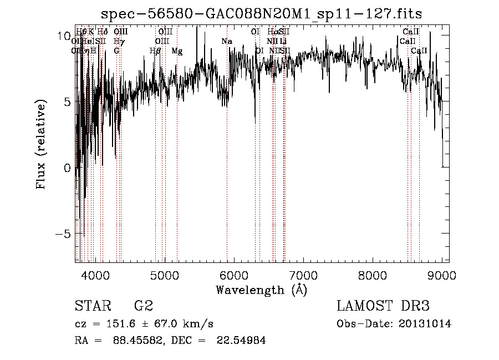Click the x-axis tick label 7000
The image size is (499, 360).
[x=303, y=275]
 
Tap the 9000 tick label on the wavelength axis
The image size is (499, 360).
[x=441, y=275]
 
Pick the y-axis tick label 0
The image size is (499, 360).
[x=67, y=168]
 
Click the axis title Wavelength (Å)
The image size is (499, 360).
[x=261, y=290]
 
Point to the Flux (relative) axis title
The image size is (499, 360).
[x=41, y=145]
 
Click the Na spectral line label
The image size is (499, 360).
[x=226, y=42]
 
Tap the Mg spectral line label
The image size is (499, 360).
[x=177, y=51]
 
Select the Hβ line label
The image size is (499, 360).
[x=155, y=51]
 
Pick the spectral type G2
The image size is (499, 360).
[x=144, y=306]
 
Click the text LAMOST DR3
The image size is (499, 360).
[x=383, y=306]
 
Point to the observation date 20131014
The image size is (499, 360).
[x=425, y=324]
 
